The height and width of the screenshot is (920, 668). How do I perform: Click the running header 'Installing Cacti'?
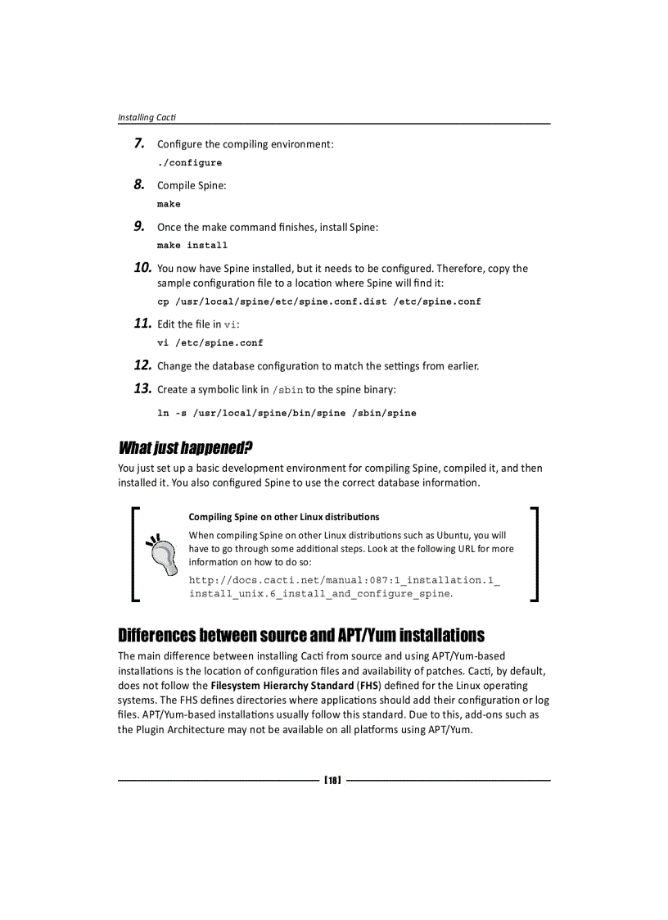coord(147,117)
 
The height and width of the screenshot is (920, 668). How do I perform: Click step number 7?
coord(140,144)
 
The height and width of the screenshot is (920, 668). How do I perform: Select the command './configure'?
coord(189,162)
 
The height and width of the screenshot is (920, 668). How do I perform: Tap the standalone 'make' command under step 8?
coord(169,204)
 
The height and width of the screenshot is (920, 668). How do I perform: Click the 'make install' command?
coord(192,245)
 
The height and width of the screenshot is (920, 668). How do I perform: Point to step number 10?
coord(142,268)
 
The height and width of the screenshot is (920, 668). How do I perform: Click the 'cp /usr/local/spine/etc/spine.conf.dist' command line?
coord(318,301)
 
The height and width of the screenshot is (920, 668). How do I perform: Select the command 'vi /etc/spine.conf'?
coord(210,342)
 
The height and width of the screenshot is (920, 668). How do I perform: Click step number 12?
coord(142,365)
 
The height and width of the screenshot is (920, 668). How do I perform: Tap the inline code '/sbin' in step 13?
coord(287,390)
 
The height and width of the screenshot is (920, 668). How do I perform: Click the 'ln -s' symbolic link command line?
coord(287,413)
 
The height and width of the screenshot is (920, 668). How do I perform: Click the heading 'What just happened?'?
coord(185,448)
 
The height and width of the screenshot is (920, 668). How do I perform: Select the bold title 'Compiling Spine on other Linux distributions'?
coord(284,517)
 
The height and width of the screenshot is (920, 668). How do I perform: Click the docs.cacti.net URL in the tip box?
coord(344,587)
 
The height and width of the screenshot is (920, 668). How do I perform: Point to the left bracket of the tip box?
coord(135,555)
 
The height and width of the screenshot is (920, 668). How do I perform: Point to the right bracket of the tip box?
coord(534,555)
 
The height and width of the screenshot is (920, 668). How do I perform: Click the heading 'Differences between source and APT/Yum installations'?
coord(301,636)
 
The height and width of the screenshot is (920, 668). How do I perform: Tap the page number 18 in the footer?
coord(332,781)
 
